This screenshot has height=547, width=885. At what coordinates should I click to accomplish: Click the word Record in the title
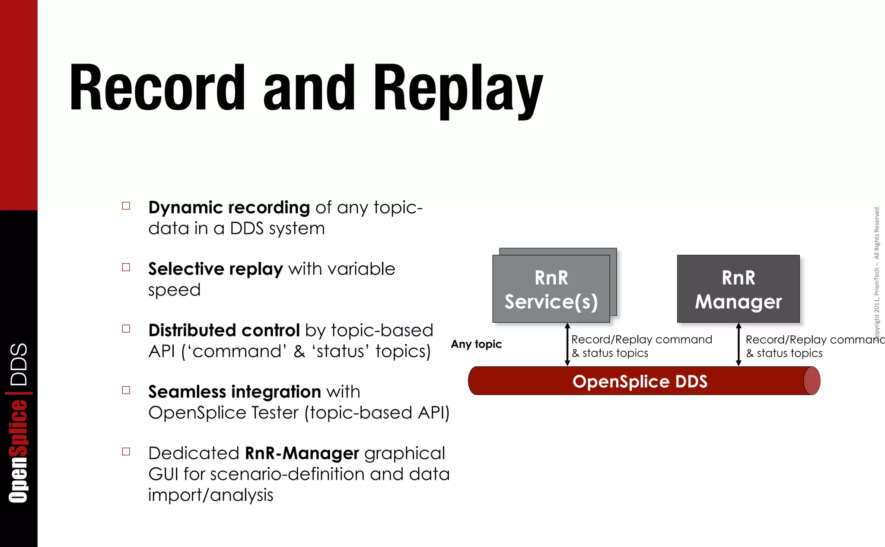click(157, 87)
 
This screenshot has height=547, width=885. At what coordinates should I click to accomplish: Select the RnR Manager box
click(738, 289)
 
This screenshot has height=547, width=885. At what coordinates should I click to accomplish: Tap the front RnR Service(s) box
click(551, 289)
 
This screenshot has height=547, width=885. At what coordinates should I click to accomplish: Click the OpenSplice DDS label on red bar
click(640, 381)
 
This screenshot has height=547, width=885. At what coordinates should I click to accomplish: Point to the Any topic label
click(476, 344)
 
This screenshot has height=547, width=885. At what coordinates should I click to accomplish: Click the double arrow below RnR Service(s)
click(567, 344)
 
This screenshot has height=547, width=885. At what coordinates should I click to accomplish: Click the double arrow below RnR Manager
click(738, 344)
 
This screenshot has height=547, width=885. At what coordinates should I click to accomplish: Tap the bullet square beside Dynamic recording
click(126, 206)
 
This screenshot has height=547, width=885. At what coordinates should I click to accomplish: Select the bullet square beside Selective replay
click(126, 267)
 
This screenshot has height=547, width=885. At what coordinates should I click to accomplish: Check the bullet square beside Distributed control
click(126, 329)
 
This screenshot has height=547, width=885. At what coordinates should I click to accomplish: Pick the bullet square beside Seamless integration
click(126, 390)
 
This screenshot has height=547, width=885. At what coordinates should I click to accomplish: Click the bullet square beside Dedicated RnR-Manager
click(126, 452)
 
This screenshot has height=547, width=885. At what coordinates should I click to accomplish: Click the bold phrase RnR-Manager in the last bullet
click(302, 453)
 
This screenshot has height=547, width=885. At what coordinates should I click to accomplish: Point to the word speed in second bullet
click(174, 290)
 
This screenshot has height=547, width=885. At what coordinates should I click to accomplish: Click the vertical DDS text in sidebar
click(19, 364)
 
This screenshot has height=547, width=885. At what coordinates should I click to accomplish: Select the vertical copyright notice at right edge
click(876, 272)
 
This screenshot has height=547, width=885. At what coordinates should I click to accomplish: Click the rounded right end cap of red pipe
click(812, 381)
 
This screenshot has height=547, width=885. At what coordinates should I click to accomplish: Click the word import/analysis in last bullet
click(210, 495)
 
